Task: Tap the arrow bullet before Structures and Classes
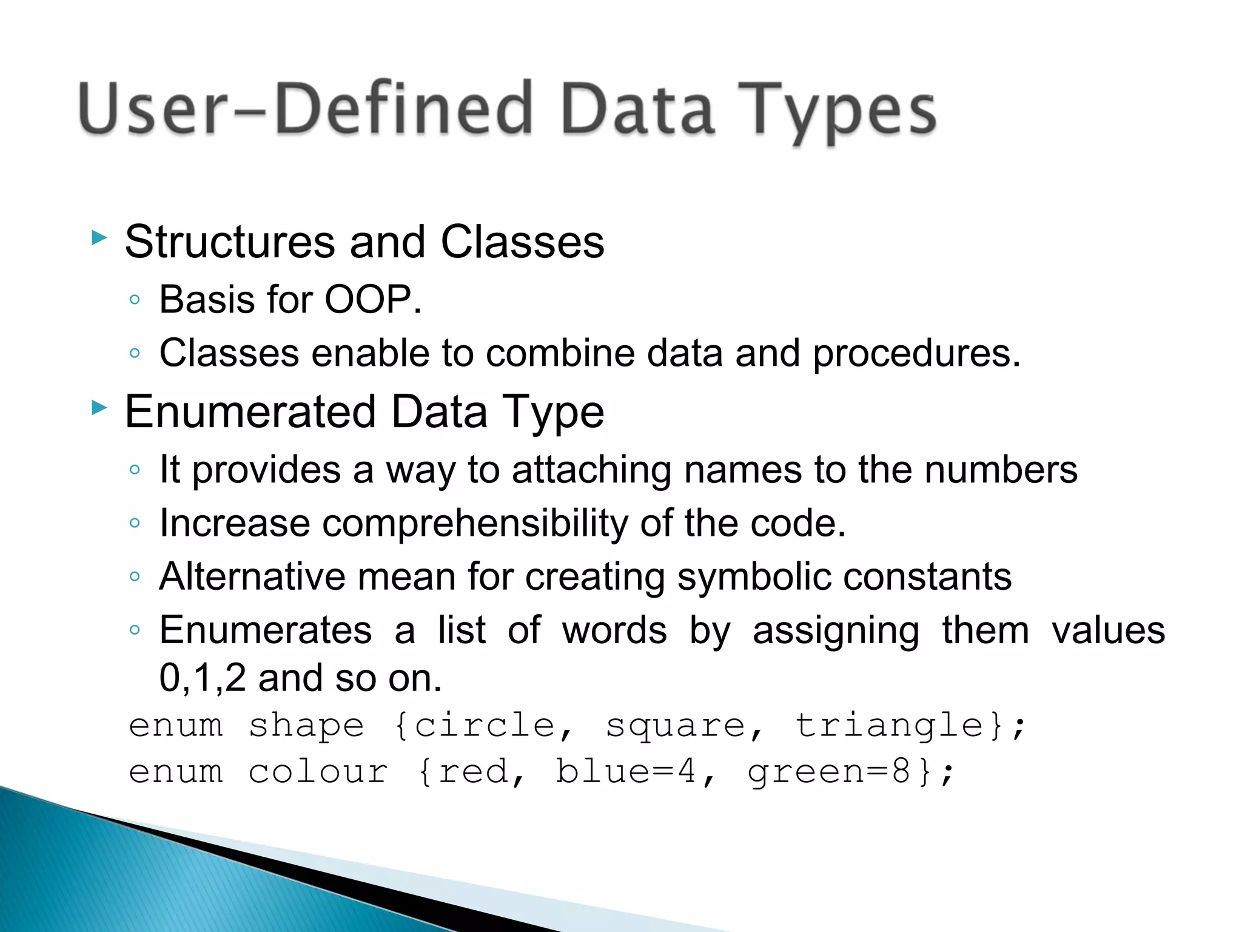pos(99,237)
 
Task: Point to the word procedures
pos(916,354)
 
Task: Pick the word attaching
pos(591,470)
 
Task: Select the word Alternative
pos(252,576)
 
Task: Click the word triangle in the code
pos(889,726)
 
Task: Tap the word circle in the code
pos(483,726)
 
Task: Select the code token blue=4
pos(625,772)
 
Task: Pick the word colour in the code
pos(318,772)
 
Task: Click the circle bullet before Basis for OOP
pos(135,300)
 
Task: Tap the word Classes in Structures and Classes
pos(522,242)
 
